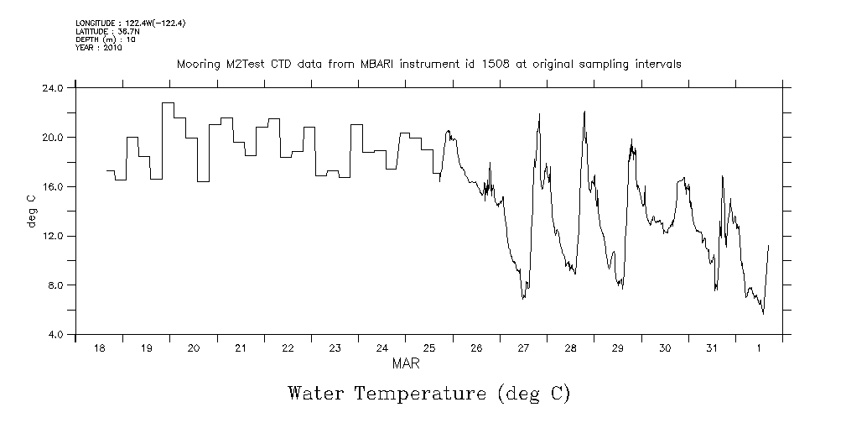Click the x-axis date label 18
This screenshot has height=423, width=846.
pyautogui.click(x=99, y=348)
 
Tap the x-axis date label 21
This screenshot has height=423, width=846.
pyautogui.click(x=241, y=348)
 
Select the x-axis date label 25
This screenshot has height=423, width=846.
pyautogui.click(x=429, y=348)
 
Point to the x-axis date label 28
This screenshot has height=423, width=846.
pyautogui.click(x=570, y=348)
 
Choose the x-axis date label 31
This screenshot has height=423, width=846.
pyautogui.click(x=712, y=348)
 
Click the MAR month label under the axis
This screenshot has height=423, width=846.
pyautogui.click(x=405, y=364)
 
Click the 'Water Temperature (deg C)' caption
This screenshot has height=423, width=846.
pyautogui.click(x=428, y=393)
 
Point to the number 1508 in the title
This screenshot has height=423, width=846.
pyautogui.click(x=520, y=64)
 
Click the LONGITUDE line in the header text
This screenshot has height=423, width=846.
pyautogui.click(x=130, y=23)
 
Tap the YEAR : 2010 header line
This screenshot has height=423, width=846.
pyautogui.click(x=99, y=48)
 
